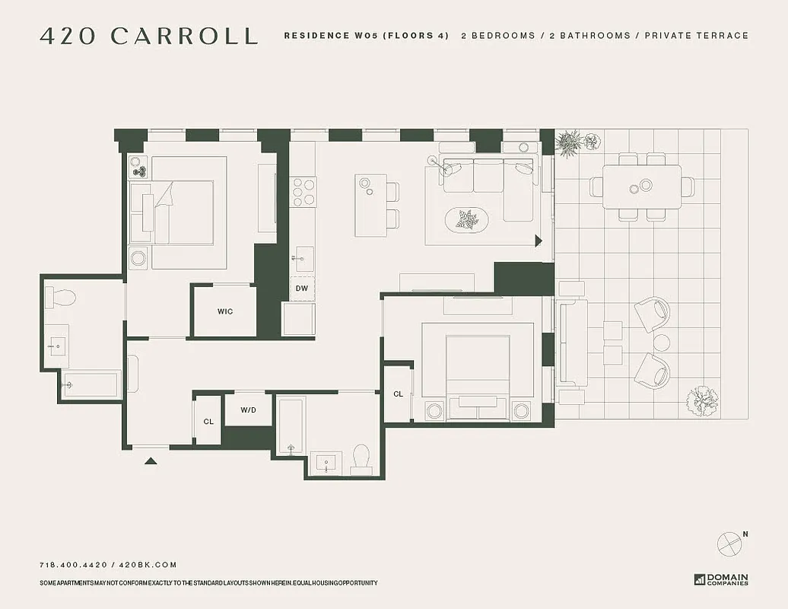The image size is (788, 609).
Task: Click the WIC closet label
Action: pyautogui.click(x=224, y=311)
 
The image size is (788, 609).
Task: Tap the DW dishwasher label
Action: pyautogui.click(x=302, y=289)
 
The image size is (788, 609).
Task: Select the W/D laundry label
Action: pyautogui.click(x=249, y=410)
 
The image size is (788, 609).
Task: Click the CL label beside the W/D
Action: pyautogui.click(x=208, y=421)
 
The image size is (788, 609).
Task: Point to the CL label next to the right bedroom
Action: pyautogui.click(x=398, y=394)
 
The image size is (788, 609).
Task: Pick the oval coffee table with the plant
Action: pyautogui.click(x=466, y=220)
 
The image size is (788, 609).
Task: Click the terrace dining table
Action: pyautogui.click(x=642, y=186)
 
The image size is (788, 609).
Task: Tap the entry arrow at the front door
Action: pyautogui.click(x=151, y=460)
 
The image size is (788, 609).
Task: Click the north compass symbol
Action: pyautogui.click(x=729, y=543)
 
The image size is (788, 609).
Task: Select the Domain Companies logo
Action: pyautogui.click(x=720, y=579)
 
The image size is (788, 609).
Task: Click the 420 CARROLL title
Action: pyautogui.click(x=148, y=36)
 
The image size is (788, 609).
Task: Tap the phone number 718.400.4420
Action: pyautogui.click(x=73, y=565)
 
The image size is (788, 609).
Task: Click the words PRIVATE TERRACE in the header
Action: pyautogui.click(x=696, y=36)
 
